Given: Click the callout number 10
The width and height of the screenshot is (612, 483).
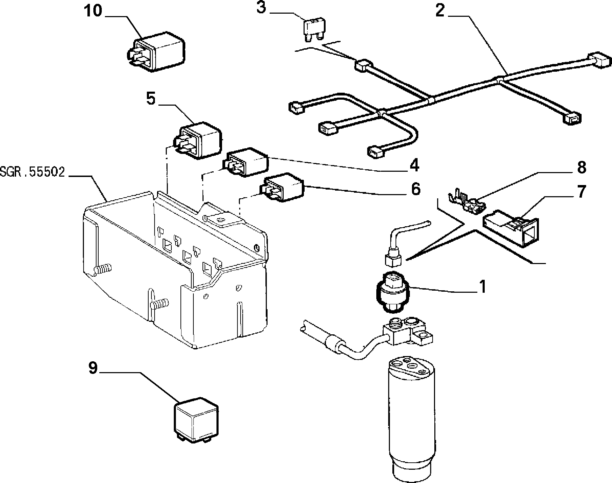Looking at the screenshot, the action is coord(93,11).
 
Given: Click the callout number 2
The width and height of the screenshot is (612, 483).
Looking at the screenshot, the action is coord(440,11).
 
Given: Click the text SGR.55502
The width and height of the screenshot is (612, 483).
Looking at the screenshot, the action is coord(33,172).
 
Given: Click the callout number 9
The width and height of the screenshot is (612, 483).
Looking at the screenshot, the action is coord(93,368).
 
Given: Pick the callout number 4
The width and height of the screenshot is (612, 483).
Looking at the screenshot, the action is coord(414,165).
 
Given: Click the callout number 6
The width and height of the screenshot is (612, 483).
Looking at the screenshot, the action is coord(415,189).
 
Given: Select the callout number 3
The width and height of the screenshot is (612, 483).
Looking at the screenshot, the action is coord(261,8).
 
